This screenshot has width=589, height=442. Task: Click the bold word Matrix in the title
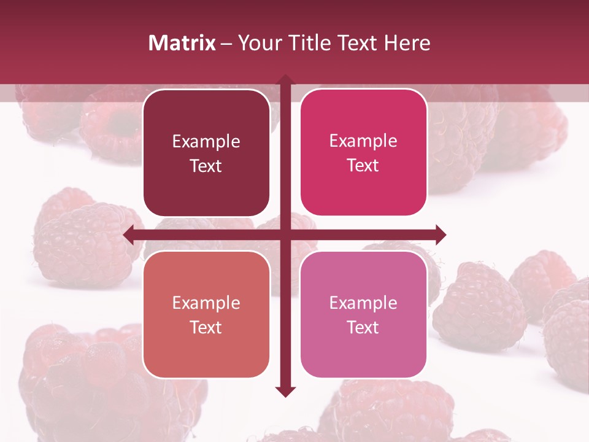point(182,43)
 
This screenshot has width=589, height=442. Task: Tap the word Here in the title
point(407,43)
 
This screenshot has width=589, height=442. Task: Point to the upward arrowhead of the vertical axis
point(285,80)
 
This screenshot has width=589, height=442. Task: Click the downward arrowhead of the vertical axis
point(285,391)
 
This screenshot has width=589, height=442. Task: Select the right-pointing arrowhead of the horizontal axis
point(440,235)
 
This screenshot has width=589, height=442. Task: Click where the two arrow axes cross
point(285,235)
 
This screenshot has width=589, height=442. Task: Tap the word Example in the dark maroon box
point(206,141)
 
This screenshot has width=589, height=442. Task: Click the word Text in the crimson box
point(363,165)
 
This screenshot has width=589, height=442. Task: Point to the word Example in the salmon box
point(206,303)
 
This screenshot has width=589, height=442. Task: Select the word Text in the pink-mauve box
point(363,327)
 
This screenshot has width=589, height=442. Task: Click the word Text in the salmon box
point(206,327)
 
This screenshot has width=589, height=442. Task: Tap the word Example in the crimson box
point(363,141)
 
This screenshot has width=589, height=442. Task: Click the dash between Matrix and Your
point(226,44)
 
